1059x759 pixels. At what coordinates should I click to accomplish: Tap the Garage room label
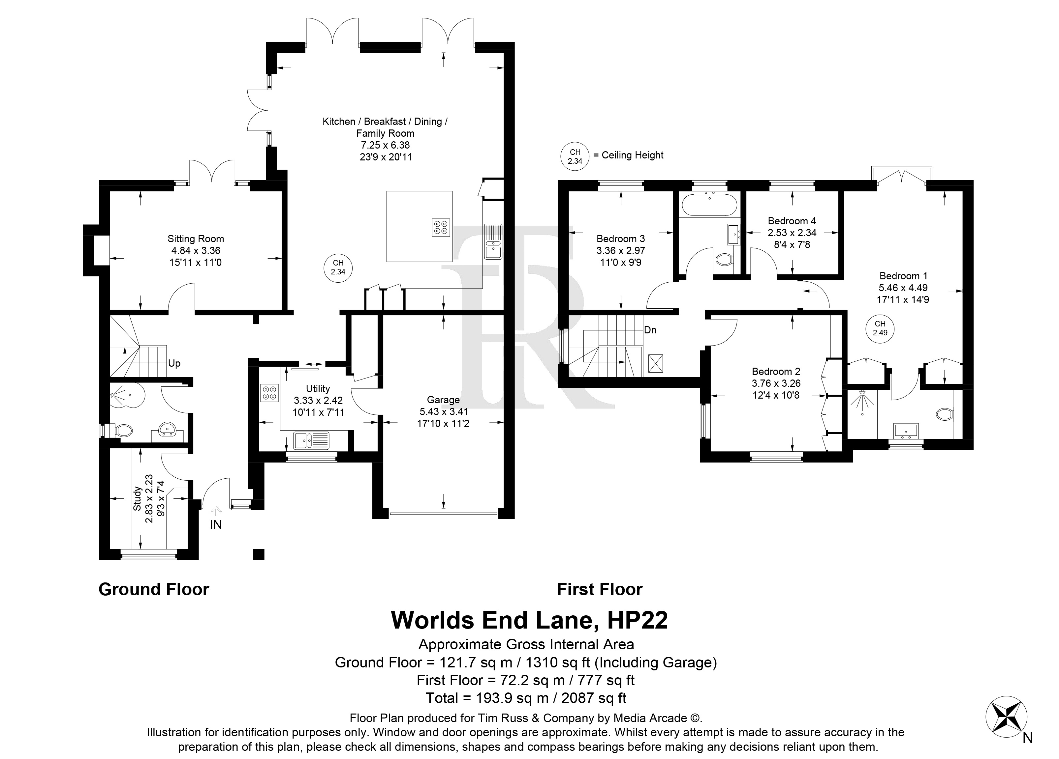[x=443, y=400]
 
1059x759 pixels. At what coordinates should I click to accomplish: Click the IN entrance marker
[x=216, y=524]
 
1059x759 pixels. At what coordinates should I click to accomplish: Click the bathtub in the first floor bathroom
[x=710, y=205]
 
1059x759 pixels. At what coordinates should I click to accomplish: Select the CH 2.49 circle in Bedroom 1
[x=880, y=328]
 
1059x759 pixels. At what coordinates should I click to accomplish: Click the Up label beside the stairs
[x=174, y=363]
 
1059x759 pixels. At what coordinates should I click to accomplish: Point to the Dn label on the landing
[x=650, y=330]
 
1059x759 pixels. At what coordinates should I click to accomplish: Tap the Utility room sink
[x=311, y=440]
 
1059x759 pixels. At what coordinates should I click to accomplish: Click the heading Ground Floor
[x=154, y=590]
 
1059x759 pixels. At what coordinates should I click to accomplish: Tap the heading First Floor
[x=600, y=590]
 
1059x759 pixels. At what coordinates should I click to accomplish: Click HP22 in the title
[x=638, y=620]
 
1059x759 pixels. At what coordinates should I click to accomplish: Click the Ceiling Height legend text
[x=632, y=155]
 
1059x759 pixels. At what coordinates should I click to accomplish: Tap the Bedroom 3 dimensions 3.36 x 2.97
[x=621, y=250]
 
